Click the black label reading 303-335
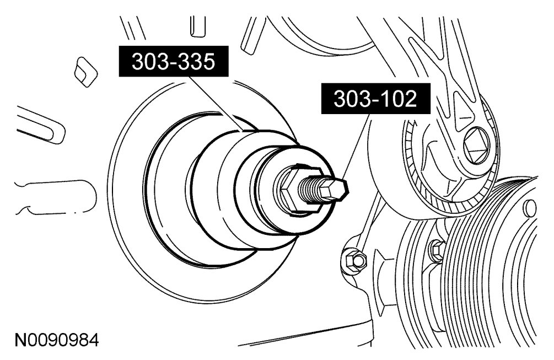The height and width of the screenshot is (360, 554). point(173,61)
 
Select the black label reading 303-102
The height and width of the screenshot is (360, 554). point(375,99)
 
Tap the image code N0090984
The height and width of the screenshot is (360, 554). point(57,340)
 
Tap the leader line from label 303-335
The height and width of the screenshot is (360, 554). point(216,104)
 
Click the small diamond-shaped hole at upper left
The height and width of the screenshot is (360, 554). point(85,72)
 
